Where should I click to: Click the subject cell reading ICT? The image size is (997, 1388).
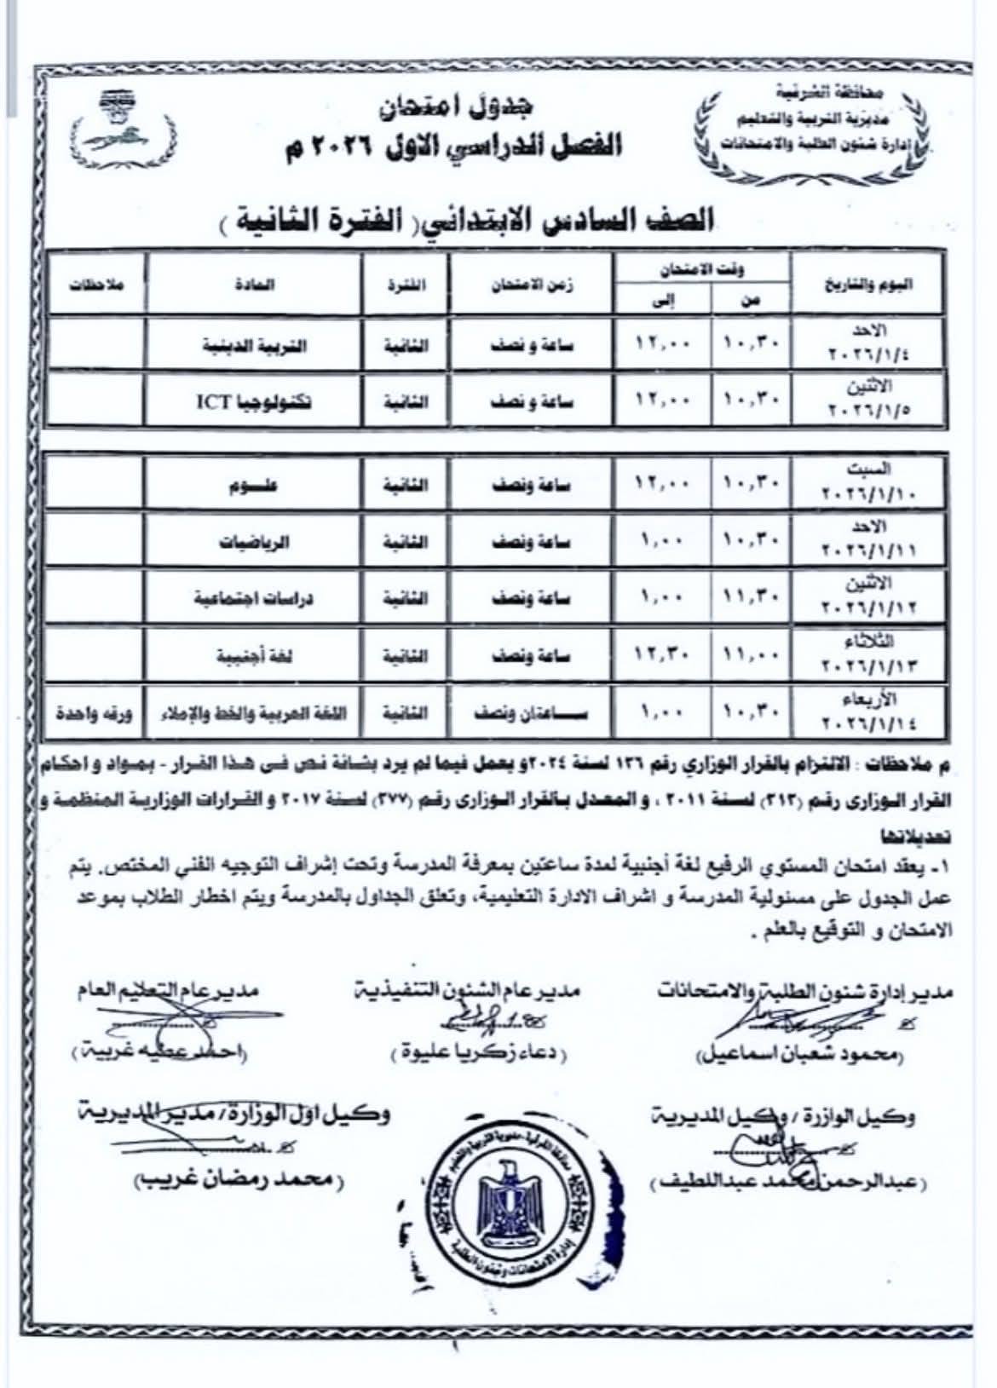(x=254, y=400)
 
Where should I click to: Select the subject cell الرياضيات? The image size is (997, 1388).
(x=253, y=543)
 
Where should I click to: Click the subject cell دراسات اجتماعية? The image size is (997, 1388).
(x=253, y=599)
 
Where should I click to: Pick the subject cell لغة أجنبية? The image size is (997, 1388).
(x=253, y=656)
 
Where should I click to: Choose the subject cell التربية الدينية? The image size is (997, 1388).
(x=253, y=346)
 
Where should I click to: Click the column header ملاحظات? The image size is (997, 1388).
(x=95, y=286)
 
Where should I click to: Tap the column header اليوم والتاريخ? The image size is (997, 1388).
(x=867, y=286)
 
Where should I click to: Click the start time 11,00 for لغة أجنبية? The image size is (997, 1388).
(x=750, y=656)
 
